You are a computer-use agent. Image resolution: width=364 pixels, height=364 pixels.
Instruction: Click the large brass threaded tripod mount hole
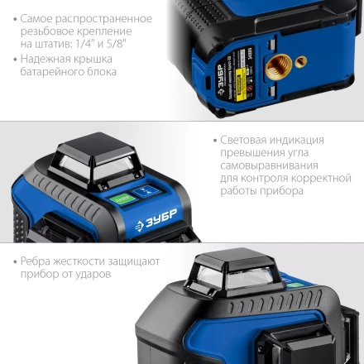(x=282, y=65)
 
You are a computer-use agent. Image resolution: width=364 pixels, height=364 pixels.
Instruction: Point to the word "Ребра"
(x=37, y=261)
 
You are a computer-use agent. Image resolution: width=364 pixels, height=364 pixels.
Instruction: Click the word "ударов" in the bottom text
(x=91, y=274)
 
